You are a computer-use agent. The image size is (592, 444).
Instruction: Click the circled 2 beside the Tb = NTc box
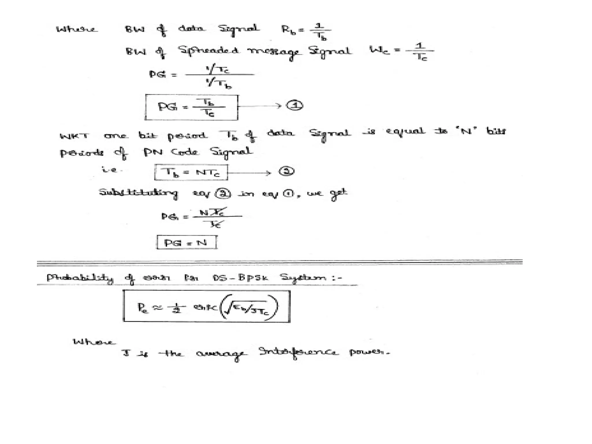click(286, 171)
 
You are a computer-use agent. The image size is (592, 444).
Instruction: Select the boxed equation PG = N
click(186, 242)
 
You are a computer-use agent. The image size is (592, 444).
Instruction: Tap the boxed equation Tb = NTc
click(191, 172)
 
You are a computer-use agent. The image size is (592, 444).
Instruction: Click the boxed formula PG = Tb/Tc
click(191, 107)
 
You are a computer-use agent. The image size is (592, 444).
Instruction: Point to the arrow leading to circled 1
click(259, 106)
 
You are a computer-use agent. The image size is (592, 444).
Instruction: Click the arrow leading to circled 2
click(249, 173)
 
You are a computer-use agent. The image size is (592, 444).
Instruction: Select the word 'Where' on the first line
click(77, 29)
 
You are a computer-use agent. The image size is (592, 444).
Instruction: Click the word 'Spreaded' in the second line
click(208, 51)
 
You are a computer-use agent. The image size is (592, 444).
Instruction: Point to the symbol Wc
click(379, 50)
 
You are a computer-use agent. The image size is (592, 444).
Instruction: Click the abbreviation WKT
click(74, 136)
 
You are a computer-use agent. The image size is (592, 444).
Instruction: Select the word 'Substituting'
click(138, 193)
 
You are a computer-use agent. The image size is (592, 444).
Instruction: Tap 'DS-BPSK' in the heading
click(240, 278)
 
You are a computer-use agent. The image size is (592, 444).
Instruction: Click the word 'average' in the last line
click(221, 354)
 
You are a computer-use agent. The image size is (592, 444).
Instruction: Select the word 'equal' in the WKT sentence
click(405, 132)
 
